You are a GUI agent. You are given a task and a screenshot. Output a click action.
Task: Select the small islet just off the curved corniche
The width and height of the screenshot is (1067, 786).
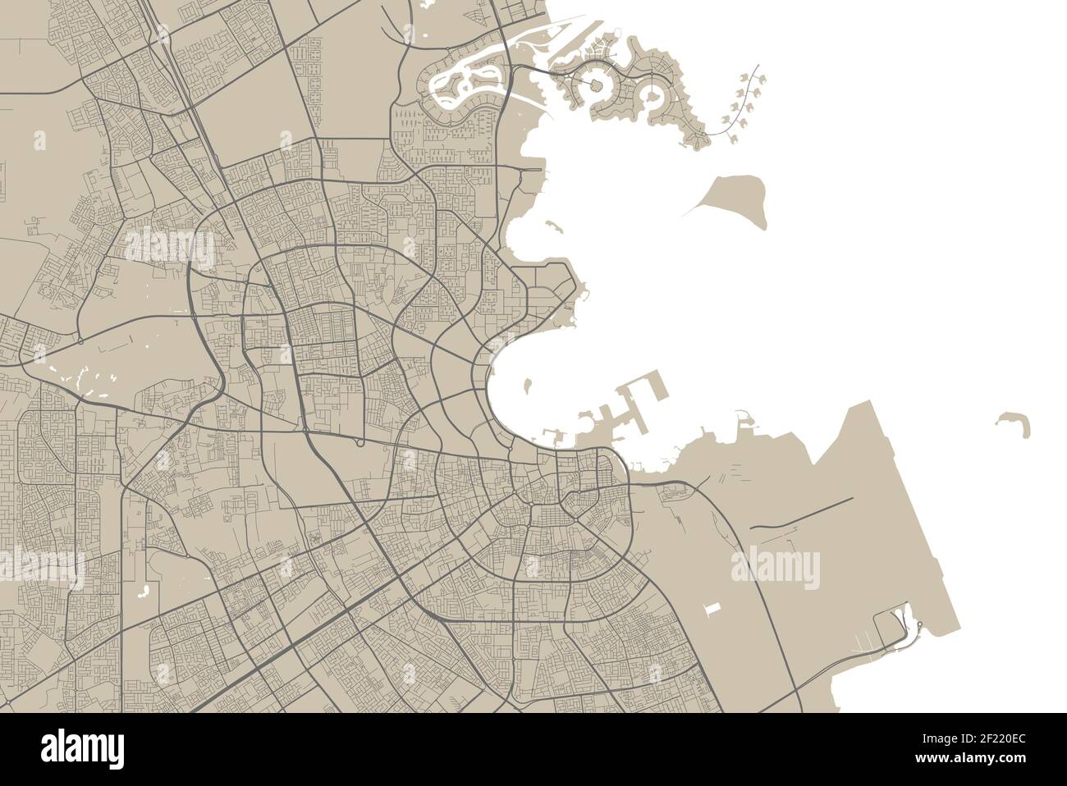(x=526, y=383)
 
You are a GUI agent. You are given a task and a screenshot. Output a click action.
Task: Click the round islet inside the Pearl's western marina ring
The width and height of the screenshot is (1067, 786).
(x=597, y=86)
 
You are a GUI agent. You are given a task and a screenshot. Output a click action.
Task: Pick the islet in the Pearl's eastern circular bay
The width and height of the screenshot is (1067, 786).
(x=653, y=98)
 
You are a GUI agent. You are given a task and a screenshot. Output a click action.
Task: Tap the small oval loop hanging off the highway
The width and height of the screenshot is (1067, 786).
(x=359, y=443)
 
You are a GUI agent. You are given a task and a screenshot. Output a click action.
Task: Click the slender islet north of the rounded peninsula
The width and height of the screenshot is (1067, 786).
(x=548, y=224)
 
